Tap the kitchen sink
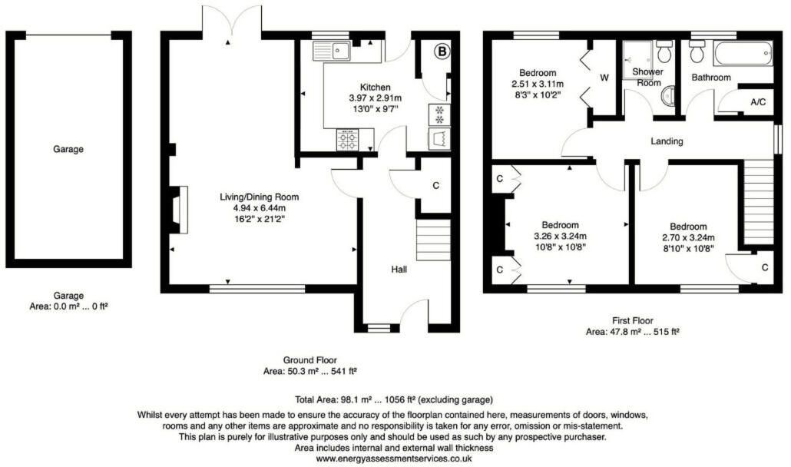pos(332,51)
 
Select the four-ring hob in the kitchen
pos(346,140)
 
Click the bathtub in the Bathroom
pos(742,55)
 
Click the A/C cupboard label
pos(757,102)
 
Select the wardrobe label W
pos(604,78)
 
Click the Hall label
pos(399,270)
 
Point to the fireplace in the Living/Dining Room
pos(177,210)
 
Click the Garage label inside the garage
pos(68,149)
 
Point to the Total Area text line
pos(393,400)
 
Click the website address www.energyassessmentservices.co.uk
pos(393,458)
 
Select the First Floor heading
pos(634,321)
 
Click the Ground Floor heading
pos(311,359)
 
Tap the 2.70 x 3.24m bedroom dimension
pos(688,237)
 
